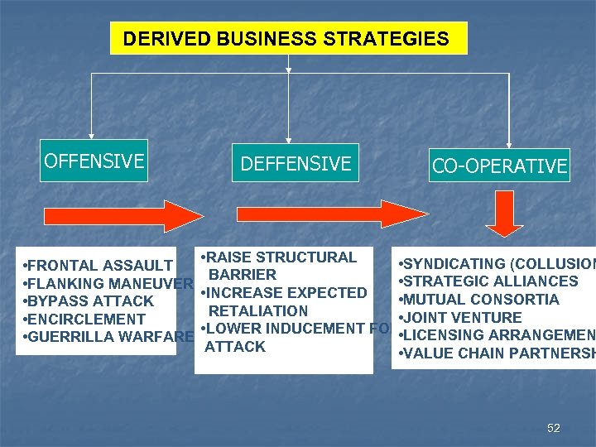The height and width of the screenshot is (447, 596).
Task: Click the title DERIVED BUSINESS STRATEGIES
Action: coord(286,39)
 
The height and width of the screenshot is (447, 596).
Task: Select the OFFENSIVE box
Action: coord(94,161)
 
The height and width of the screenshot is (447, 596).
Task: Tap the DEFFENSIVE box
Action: coord(296,164)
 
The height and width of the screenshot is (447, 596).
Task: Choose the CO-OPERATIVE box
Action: coord(499,166)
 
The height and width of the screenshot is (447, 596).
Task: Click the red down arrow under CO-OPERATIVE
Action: coord(503,214)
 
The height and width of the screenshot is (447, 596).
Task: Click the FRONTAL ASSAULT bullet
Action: coord(98,266)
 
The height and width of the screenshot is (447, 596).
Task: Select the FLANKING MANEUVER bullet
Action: coord(108,283)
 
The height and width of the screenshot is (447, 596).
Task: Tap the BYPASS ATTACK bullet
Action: coord(89,301)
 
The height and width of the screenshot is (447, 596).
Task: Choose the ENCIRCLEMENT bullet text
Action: coord(84,320)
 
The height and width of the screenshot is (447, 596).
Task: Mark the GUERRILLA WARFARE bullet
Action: coord(108,337)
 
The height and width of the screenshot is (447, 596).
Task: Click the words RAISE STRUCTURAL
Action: coord(281,257)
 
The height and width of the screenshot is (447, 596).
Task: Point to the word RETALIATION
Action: coord(258,311)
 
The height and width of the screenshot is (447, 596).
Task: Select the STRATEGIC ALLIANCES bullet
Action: coord(488,281)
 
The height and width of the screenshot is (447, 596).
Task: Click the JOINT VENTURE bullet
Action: coord(460,318)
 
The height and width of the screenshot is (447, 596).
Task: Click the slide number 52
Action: coord(554,428)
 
